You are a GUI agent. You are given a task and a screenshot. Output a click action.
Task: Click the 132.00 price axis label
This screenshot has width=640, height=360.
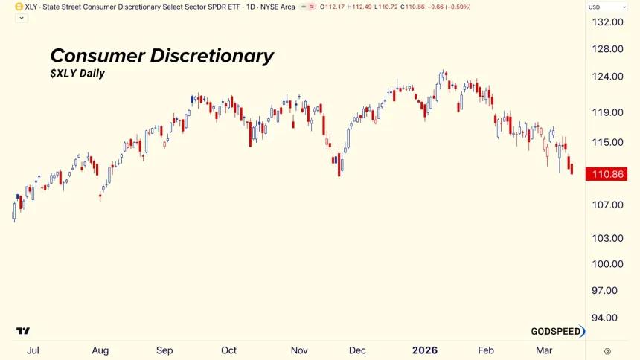coord(607,22)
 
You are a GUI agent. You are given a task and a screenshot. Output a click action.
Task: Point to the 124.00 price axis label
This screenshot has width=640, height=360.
coord(607,77)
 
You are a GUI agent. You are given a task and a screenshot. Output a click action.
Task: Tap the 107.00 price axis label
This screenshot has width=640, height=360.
coord(607,205)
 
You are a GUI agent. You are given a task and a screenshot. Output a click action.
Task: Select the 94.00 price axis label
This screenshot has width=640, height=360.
coord(604,318)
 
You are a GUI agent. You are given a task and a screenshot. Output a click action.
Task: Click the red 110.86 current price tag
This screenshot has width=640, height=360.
coord(606,174)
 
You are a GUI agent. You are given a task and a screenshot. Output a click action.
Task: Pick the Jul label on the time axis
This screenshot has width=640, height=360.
coord(33,350)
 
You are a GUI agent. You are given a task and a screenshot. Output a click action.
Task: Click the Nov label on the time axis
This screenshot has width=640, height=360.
coord(299,350)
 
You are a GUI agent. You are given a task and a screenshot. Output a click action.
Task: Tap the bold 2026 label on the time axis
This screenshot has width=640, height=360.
coord(425,350)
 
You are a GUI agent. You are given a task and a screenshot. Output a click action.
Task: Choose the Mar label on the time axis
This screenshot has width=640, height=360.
coord(544,350)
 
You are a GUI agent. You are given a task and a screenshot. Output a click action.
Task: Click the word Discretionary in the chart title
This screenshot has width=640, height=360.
coord(212,56)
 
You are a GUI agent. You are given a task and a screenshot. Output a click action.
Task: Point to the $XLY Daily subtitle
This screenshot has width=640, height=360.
coord(77,74)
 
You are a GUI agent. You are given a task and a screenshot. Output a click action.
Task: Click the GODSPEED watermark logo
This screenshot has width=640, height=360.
coord(557,331)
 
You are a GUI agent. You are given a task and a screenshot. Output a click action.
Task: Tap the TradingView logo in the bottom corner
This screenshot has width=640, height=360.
coord(23,330)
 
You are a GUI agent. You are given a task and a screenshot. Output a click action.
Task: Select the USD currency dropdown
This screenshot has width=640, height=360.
coord(607,7)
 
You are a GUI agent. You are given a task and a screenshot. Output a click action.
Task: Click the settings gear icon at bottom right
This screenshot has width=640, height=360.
coord(607,351)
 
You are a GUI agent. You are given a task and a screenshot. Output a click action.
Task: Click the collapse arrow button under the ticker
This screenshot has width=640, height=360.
coord(22,18)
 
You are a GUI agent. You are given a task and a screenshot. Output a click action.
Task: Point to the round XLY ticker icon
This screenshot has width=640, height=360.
coord(19,7)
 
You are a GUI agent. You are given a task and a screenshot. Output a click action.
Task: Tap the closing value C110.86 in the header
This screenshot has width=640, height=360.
coord(412,7)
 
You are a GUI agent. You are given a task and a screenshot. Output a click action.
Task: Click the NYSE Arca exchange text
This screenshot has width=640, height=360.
coord(278,7)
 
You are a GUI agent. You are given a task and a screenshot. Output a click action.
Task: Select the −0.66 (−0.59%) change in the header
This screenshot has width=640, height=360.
coord(449,7)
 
